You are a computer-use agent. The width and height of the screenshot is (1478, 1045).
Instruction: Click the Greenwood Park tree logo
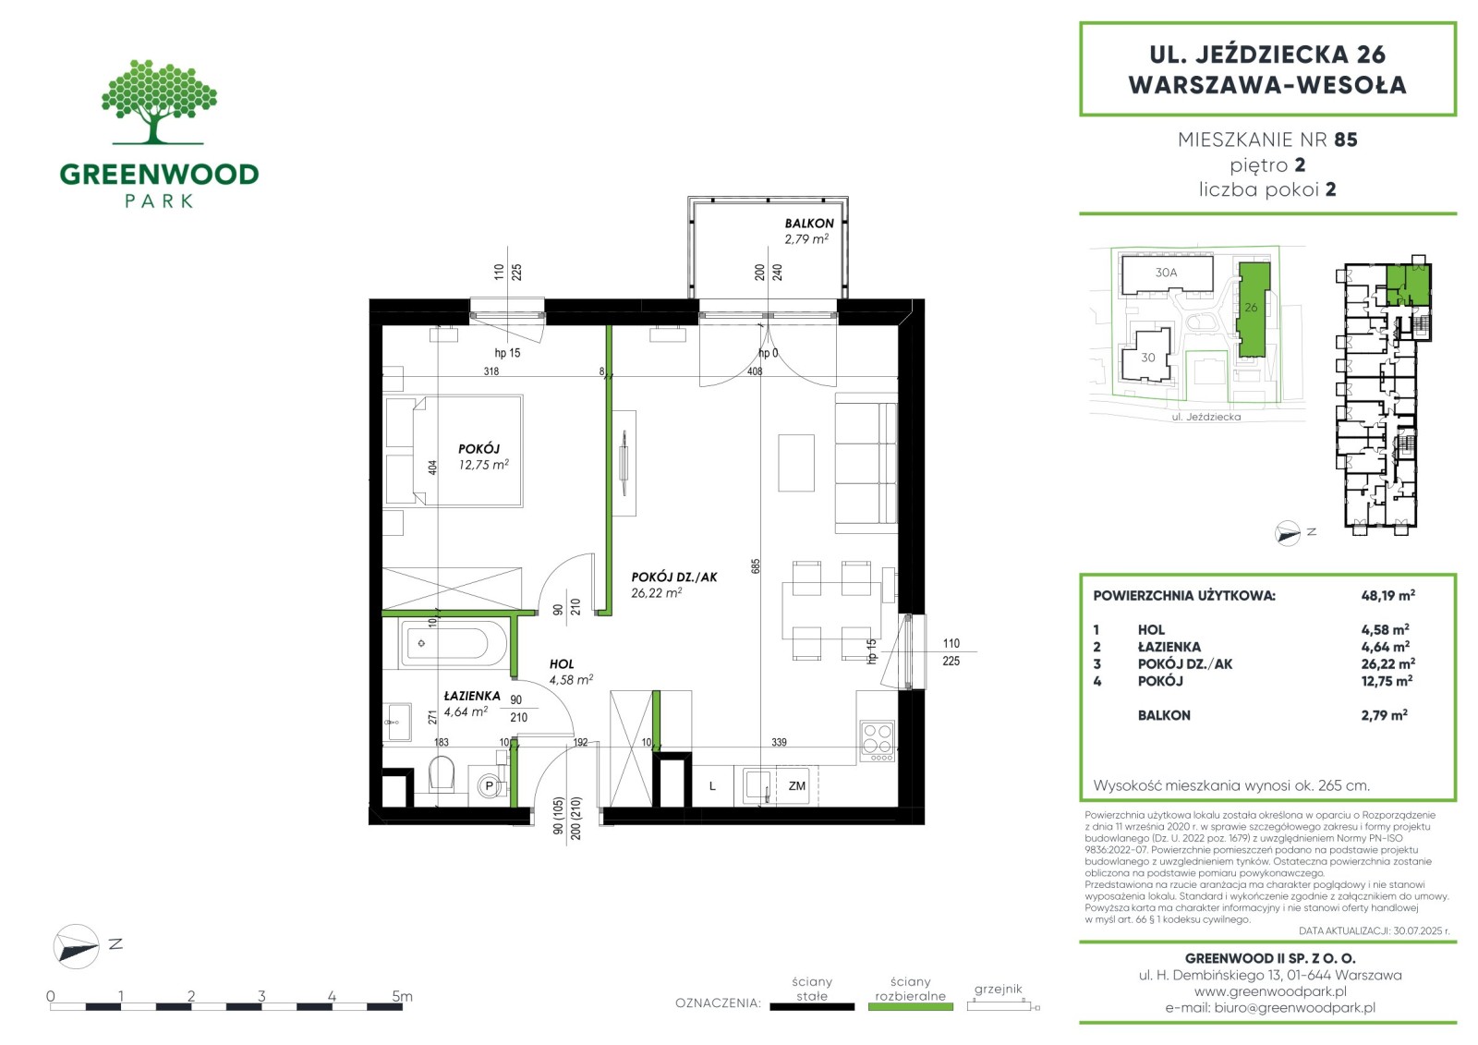159,102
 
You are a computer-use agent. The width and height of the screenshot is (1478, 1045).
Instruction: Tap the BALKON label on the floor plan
809,223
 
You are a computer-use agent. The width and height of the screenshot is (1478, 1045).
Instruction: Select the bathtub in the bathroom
454,644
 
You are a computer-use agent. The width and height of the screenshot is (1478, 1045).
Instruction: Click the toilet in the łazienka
442,773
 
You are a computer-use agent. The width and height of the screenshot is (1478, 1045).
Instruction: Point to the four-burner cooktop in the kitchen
878,740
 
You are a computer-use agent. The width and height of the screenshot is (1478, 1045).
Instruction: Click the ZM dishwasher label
796,786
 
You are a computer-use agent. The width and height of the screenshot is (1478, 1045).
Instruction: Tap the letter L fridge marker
712,786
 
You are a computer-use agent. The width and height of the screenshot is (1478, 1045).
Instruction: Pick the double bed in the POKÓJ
454,451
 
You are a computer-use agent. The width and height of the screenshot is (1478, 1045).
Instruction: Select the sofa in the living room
866,463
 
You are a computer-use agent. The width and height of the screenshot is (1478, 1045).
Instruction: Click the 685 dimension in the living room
756,565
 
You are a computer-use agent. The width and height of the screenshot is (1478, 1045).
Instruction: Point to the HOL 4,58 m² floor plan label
571,672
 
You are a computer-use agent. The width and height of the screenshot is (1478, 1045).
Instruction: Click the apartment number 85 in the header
1345,140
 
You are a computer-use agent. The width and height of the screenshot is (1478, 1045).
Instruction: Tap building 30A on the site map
1167,273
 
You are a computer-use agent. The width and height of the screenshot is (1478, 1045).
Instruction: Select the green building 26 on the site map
1253,310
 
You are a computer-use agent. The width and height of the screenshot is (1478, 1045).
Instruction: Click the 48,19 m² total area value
1387,595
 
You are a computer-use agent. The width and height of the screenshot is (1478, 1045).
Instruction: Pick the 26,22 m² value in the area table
1387,663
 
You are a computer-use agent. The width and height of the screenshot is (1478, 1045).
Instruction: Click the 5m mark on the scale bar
402,995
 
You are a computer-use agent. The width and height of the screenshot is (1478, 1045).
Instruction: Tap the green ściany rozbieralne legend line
911,1007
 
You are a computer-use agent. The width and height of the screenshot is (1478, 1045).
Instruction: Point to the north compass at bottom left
77,946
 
